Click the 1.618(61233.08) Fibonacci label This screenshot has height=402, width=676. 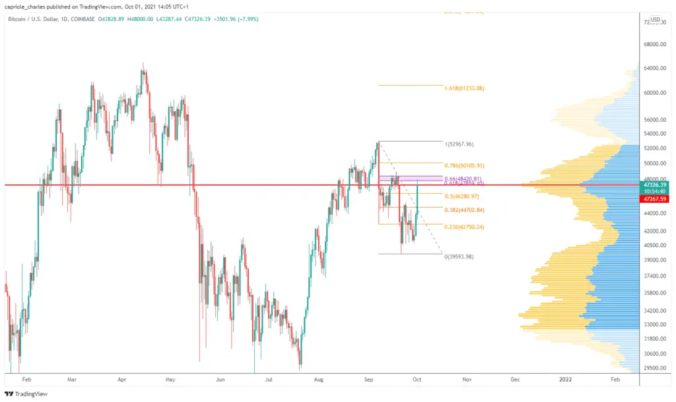[x=465, y=88]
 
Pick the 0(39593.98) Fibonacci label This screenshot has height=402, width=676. [x=459, y=256]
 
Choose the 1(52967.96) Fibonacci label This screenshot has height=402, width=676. [x=459, y=144]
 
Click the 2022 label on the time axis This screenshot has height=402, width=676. [x=566, y=380]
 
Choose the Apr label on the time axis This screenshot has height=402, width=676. [x=121, y=380]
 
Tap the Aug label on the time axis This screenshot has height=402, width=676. [x=319, y=380]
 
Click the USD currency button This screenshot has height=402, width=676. [x=655, y=20]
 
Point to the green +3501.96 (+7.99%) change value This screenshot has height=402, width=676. [x=236, y=19]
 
